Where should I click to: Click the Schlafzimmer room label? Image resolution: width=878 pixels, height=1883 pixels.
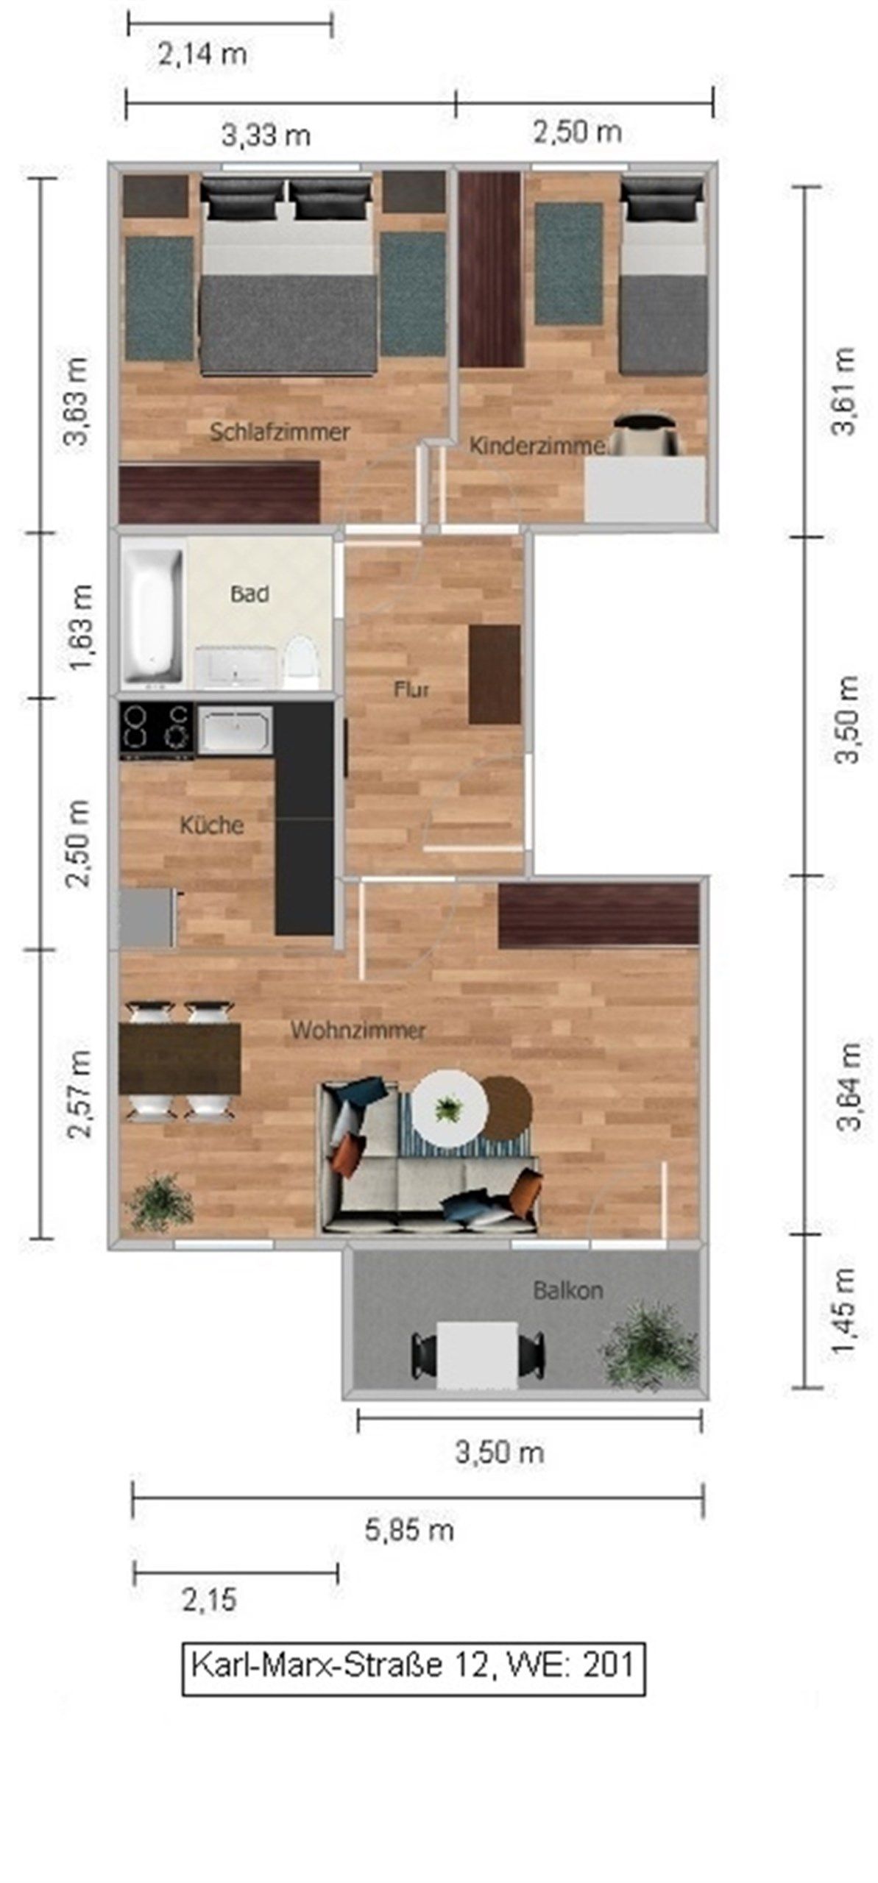[280, 432]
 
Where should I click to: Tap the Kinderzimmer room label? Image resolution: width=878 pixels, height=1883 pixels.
[537, 446]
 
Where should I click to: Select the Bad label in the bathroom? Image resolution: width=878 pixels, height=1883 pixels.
[249, 594]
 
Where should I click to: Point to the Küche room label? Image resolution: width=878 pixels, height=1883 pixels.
[212, 825]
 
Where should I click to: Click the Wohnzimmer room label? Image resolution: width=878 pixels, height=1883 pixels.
[358, 1031]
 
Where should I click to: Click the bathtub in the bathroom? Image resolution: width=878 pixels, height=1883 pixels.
[152, 615]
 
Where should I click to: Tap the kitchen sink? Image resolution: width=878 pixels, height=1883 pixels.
[235, 729]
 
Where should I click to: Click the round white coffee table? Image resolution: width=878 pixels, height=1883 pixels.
[448, 1106]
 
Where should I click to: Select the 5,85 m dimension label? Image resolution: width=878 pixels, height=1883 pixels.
[409, 1531]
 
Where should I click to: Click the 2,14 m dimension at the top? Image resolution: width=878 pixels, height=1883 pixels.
[202, 54]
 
